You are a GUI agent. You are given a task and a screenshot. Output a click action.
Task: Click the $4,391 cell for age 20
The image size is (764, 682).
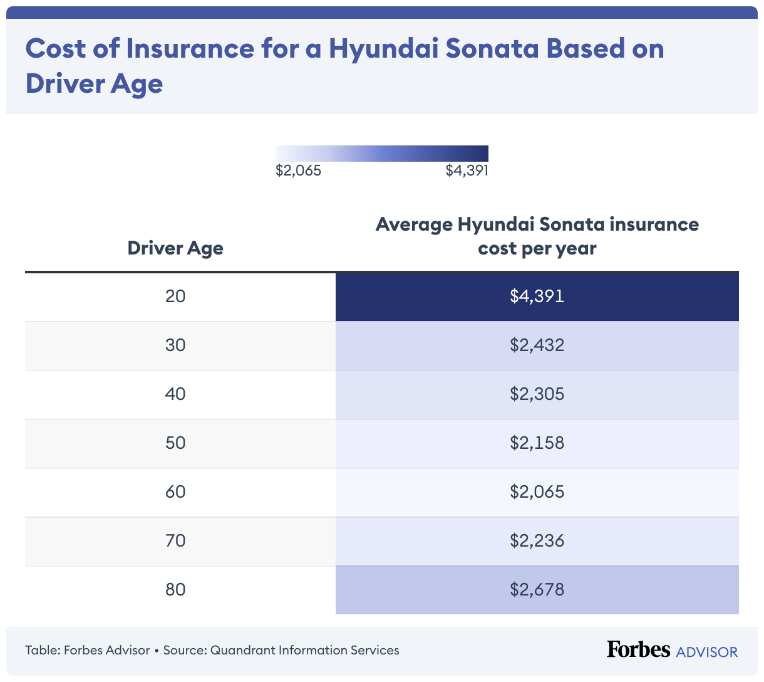coord(537,296)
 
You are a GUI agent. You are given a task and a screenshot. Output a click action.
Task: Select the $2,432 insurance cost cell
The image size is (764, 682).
coord(537,345)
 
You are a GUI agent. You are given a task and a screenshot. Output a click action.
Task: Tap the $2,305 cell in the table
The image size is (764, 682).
coord(537,394)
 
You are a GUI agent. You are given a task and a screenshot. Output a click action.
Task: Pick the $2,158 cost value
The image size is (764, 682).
coord(537,443)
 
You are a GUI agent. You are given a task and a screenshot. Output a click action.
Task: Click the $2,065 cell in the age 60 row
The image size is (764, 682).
coord(537,491)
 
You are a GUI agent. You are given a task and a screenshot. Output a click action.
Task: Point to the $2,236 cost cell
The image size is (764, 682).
coord(537,540)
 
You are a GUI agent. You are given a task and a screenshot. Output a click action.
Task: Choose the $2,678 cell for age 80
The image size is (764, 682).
coord(537,589)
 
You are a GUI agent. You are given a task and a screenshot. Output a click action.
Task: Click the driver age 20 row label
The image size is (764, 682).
coord(175,296)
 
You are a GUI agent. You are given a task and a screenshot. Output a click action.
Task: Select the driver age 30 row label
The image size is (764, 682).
coord(175,345)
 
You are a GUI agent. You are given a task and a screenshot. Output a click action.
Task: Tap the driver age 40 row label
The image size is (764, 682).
coord(175,394)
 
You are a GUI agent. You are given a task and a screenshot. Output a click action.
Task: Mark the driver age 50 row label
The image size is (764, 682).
coord(175,443)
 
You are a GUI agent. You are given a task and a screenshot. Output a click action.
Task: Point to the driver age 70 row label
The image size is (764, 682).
coord(175,540)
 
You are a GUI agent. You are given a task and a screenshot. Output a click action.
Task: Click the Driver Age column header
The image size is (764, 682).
coord(175,248)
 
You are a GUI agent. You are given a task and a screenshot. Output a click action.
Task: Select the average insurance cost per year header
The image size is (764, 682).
coord(537,236)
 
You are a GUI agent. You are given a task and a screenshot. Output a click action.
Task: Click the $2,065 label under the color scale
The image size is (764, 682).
coord(298,170)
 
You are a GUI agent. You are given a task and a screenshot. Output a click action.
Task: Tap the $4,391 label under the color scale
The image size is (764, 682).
coord(467,170)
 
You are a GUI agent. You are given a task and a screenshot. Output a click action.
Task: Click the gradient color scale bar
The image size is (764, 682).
coord(381,154)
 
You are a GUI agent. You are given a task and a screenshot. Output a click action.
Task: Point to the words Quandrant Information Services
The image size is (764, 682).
coord(304,650)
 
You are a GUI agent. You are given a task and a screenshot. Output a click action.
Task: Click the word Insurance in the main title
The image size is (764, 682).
coord(190,48)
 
